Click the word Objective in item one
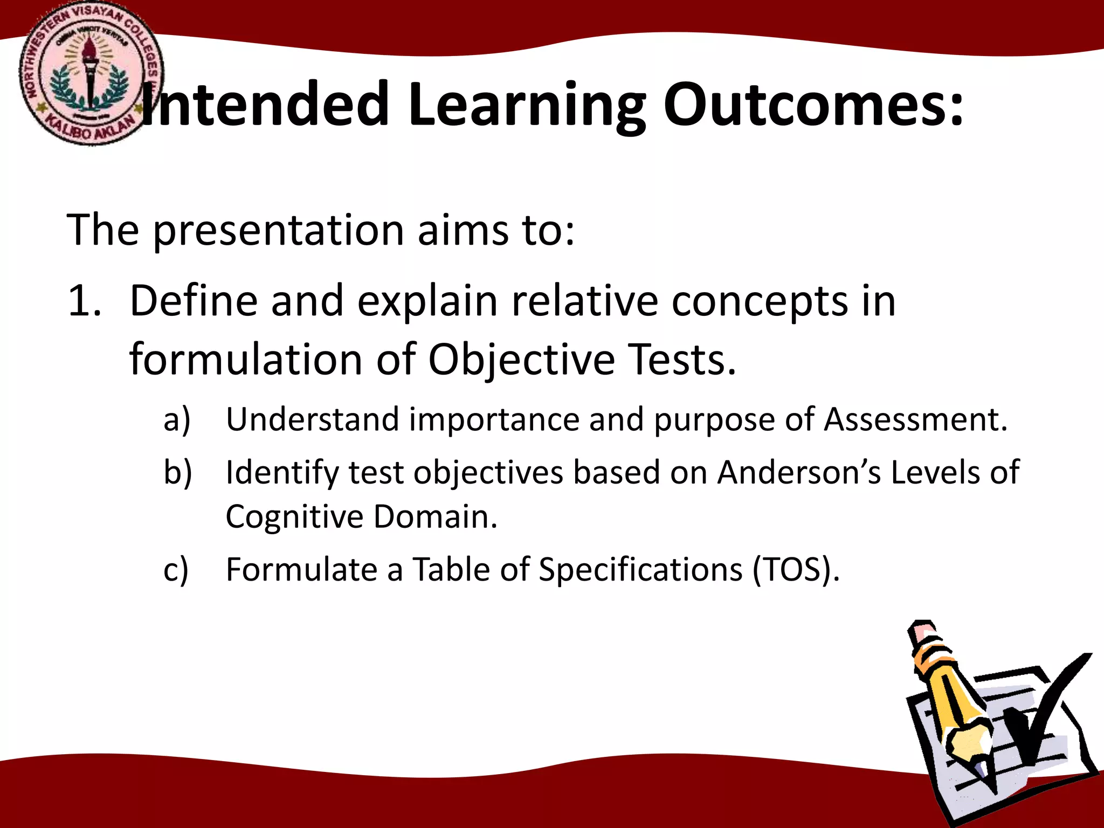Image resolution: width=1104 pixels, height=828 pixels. [x=521, y=360]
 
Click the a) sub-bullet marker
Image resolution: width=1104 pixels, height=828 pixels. [x=177, y=420]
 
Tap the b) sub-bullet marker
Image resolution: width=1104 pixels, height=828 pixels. [x=177, y=473]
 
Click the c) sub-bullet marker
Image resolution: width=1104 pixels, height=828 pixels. [x=176, y=570]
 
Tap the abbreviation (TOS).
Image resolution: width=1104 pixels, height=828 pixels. [x=796, y=570]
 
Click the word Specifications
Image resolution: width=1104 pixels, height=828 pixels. [x=640, y=570]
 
